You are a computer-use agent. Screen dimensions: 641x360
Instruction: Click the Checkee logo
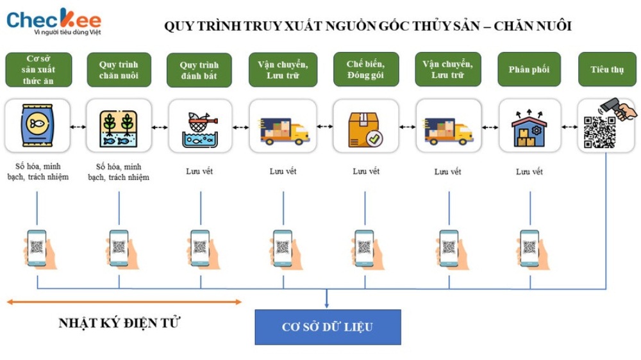54,21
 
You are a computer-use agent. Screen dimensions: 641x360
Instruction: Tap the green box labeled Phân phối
529,69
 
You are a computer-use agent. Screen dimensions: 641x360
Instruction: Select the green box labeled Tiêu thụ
607,69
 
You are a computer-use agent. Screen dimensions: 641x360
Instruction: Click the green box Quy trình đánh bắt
199,70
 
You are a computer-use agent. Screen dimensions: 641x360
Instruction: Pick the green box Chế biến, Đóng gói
366,69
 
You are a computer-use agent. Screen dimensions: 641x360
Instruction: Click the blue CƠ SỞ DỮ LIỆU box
328,327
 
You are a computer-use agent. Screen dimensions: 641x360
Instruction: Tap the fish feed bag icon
37,125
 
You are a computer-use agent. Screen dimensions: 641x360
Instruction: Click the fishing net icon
200,129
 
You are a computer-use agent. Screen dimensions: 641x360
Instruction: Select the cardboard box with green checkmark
365,129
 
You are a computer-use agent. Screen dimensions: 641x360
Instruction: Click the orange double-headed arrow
124,302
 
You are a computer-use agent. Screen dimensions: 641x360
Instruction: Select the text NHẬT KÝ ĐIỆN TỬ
119,323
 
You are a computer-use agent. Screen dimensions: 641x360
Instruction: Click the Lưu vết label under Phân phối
529,172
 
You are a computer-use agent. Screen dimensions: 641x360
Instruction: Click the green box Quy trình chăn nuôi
119,69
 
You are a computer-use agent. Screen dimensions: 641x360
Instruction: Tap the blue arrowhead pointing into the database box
326,305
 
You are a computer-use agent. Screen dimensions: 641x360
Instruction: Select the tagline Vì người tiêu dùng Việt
67,32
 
